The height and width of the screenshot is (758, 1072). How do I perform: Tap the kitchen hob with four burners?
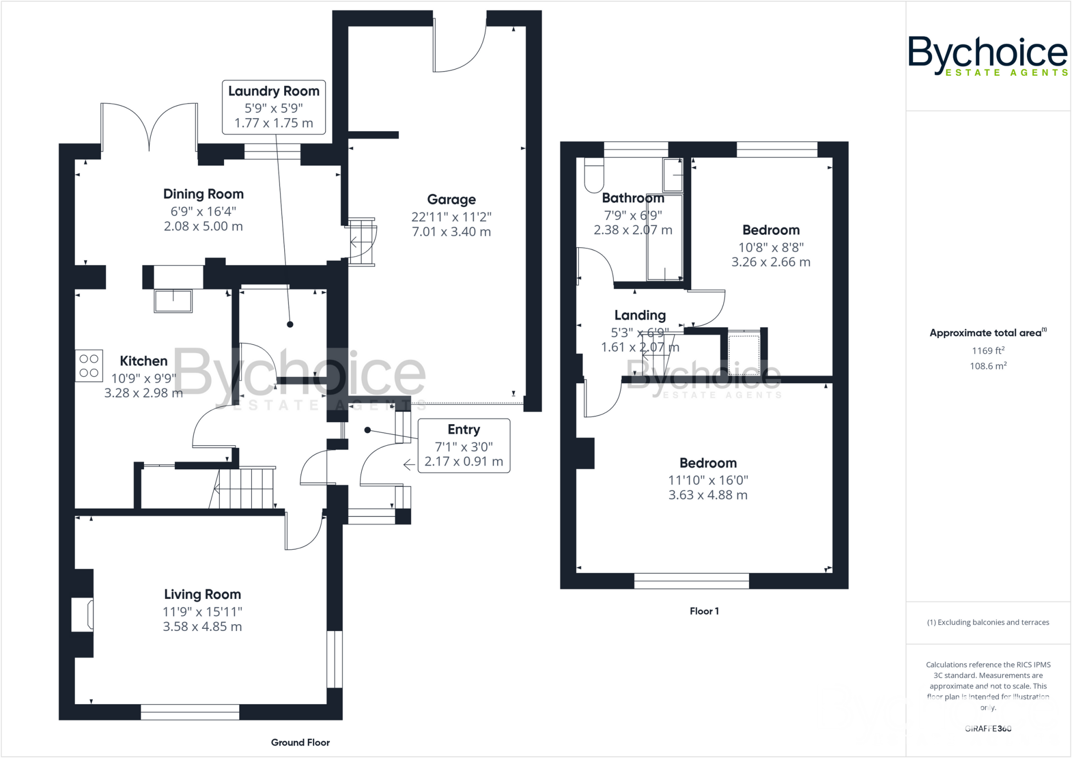pyautogui.click(x=89, y=366)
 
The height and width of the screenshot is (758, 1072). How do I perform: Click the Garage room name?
pyautogui.click(x=451, y=200)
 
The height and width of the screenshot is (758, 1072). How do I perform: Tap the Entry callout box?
pyautogui.click(x=464, y=446)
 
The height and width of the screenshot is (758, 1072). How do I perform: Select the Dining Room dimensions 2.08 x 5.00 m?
pyautogui.click(x=203, y=227)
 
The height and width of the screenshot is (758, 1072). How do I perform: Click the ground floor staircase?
pyautogui.click(x=243, y=489)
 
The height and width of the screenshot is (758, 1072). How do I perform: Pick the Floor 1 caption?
pyautogui.click(x=704, y=611)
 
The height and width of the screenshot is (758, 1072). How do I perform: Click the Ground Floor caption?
pyautogui.click(x=300, y=742)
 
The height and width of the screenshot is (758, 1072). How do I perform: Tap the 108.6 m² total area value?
pyautogui.click(x=988, y=366)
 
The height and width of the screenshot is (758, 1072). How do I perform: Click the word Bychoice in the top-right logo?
pyautogui.click(x=987, y=52)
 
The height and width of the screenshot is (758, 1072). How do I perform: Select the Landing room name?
pyautogui.click(x=640, y=315)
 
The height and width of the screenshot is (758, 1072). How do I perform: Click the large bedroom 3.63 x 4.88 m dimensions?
pyautogui.click(x=708, y=495)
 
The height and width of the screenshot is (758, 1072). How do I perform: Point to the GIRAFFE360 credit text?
pyautogui.click(x=988, y=729)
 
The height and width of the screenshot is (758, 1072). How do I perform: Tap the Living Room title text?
pyautogui.click(x=203, y=595)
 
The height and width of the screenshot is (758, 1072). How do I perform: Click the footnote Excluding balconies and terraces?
pyautogui.click(x=988, y=623)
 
